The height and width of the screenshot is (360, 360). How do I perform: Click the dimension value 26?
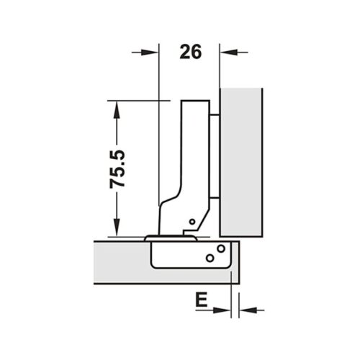pyautogui.click(x=189, y=51)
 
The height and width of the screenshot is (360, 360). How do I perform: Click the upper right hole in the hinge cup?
pyautogui.click(x=221, y=248)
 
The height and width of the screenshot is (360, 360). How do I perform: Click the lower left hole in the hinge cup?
pyautogui.click(x=209, y=257)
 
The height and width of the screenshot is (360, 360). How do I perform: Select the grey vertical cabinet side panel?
pyautogui.click(x=240, y=162)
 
